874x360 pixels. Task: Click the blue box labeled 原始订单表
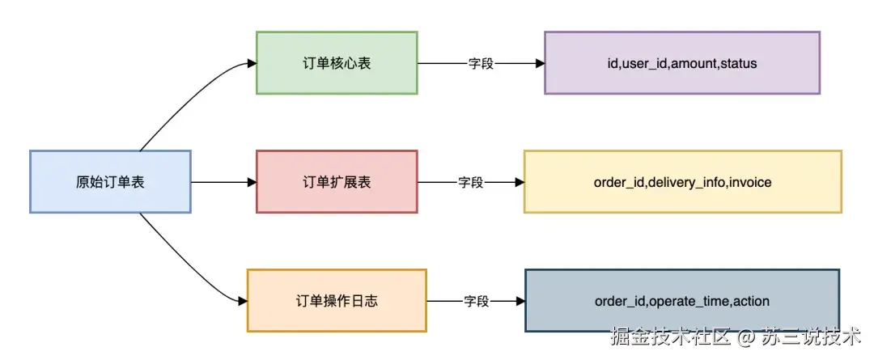tap(110, 182)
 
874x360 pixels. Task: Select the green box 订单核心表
tap(337, 63)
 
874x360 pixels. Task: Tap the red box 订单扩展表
tap(337, 182)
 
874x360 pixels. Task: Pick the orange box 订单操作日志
tap(337, 301)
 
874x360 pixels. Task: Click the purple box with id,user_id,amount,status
tap(681, 63)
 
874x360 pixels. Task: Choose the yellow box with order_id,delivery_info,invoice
tap(682, 182)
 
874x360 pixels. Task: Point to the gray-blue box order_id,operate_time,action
tap(681, 301)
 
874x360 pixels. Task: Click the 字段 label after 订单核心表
tap(481, 63)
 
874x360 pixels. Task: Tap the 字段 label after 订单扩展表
tap(471, 182)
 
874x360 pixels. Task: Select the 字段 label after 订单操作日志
tap(477, 301)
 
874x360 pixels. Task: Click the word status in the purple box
tap(738, 63)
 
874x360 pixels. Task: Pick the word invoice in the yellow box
tap(750, 182)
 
